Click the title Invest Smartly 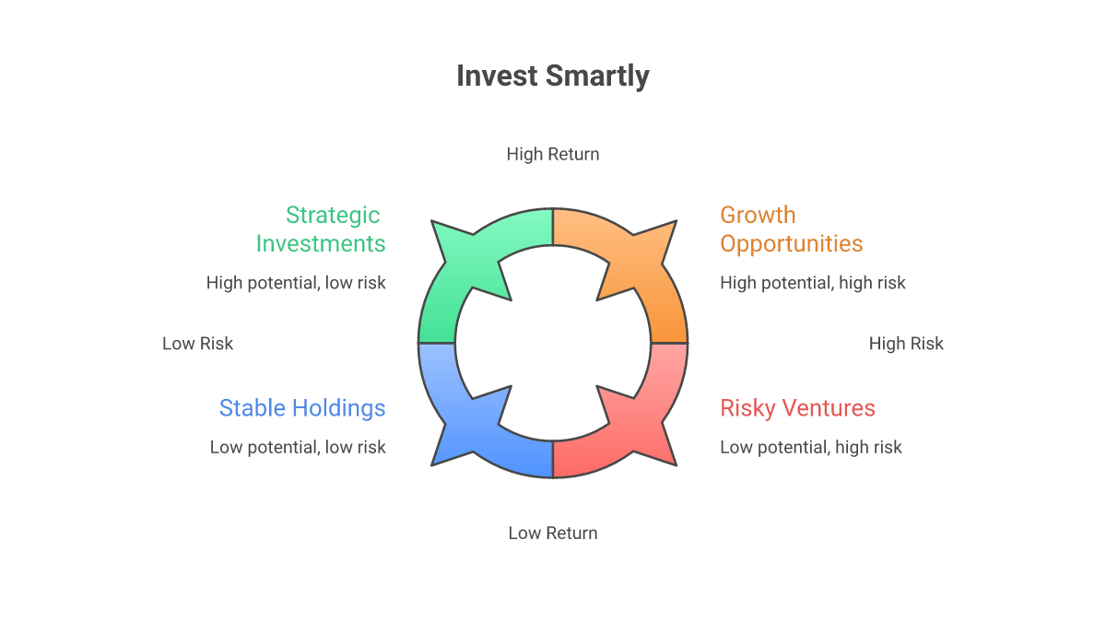coord(553,76)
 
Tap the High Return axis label coord(553,154)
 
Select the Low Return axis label coord(553,534)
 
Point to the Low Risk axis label coord(197,344)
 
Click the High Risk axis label coord(906,344)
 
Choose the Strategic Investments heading coord(321,229)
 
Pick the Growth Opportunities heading coord(791,229)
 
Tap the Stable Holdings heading coord(302,408)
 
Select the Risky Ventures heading coord(797,408)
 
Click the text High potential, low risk coord(296,283)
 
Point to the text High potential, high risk coord(813,283)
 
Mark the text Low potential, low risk coord(298,447)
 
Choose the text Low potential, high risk coord(811,447)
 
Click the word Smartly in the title coord(597,77)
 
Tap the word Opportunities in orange coord(791,244)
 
